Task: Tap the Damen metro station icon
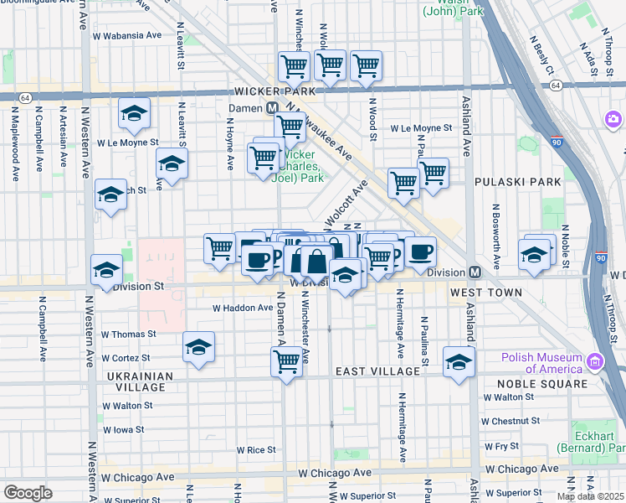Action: (272, 108)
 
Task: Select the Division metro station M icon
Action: (475, 272)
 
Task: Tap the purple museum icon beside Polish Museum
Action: (595, 361)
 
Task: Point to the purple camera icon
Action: (613, 120)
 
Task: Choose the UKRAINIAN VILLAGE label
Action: (139, 382)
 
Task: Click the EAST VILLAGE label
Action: (377, 371)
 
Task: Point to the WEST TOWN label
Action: (485, 293)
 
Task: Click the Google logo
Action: (28, 492)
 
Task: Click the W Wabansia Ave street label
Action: (127, 35)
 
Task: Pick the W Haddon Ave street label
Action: (243, 308)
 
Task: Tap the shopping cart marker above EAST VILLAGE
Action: (286, 362)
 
